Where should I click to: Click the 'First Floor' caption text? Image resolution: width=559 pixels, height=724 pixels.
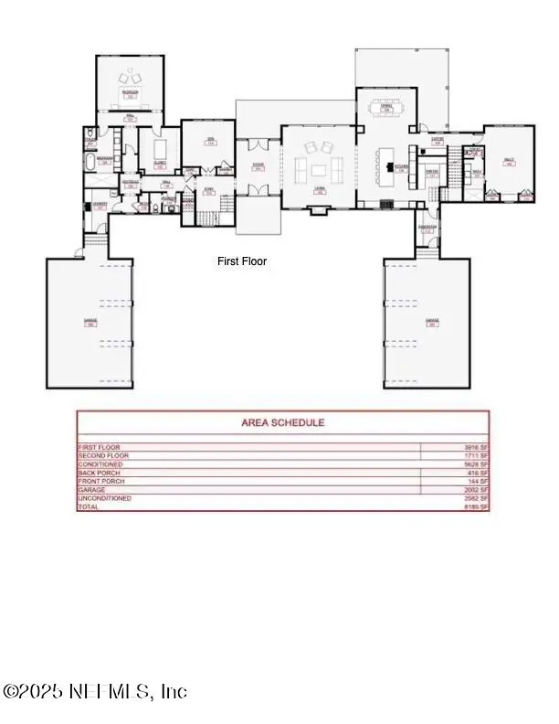242,261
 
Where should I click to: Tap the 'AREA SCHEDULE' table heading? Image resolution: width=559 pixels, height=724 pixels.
282,422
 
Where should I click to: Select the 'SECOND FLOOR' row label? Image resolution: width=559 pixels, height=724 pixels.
103,455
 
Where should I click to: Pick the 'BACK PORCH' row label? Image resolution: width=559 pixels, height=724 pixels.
100,473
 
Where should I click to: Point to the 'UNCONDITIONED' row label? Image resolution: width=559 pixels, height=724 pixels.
105,498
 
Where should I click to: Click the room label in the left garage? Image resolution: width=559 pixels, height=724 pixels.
90,322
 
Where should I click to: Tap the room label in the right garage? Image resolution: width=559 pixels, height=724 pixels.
432,322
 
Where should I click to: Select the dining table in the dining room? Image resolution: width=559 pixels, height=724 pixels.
385,106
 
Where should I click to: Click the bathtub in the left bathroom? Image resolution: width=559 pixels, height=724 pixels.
89,164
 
